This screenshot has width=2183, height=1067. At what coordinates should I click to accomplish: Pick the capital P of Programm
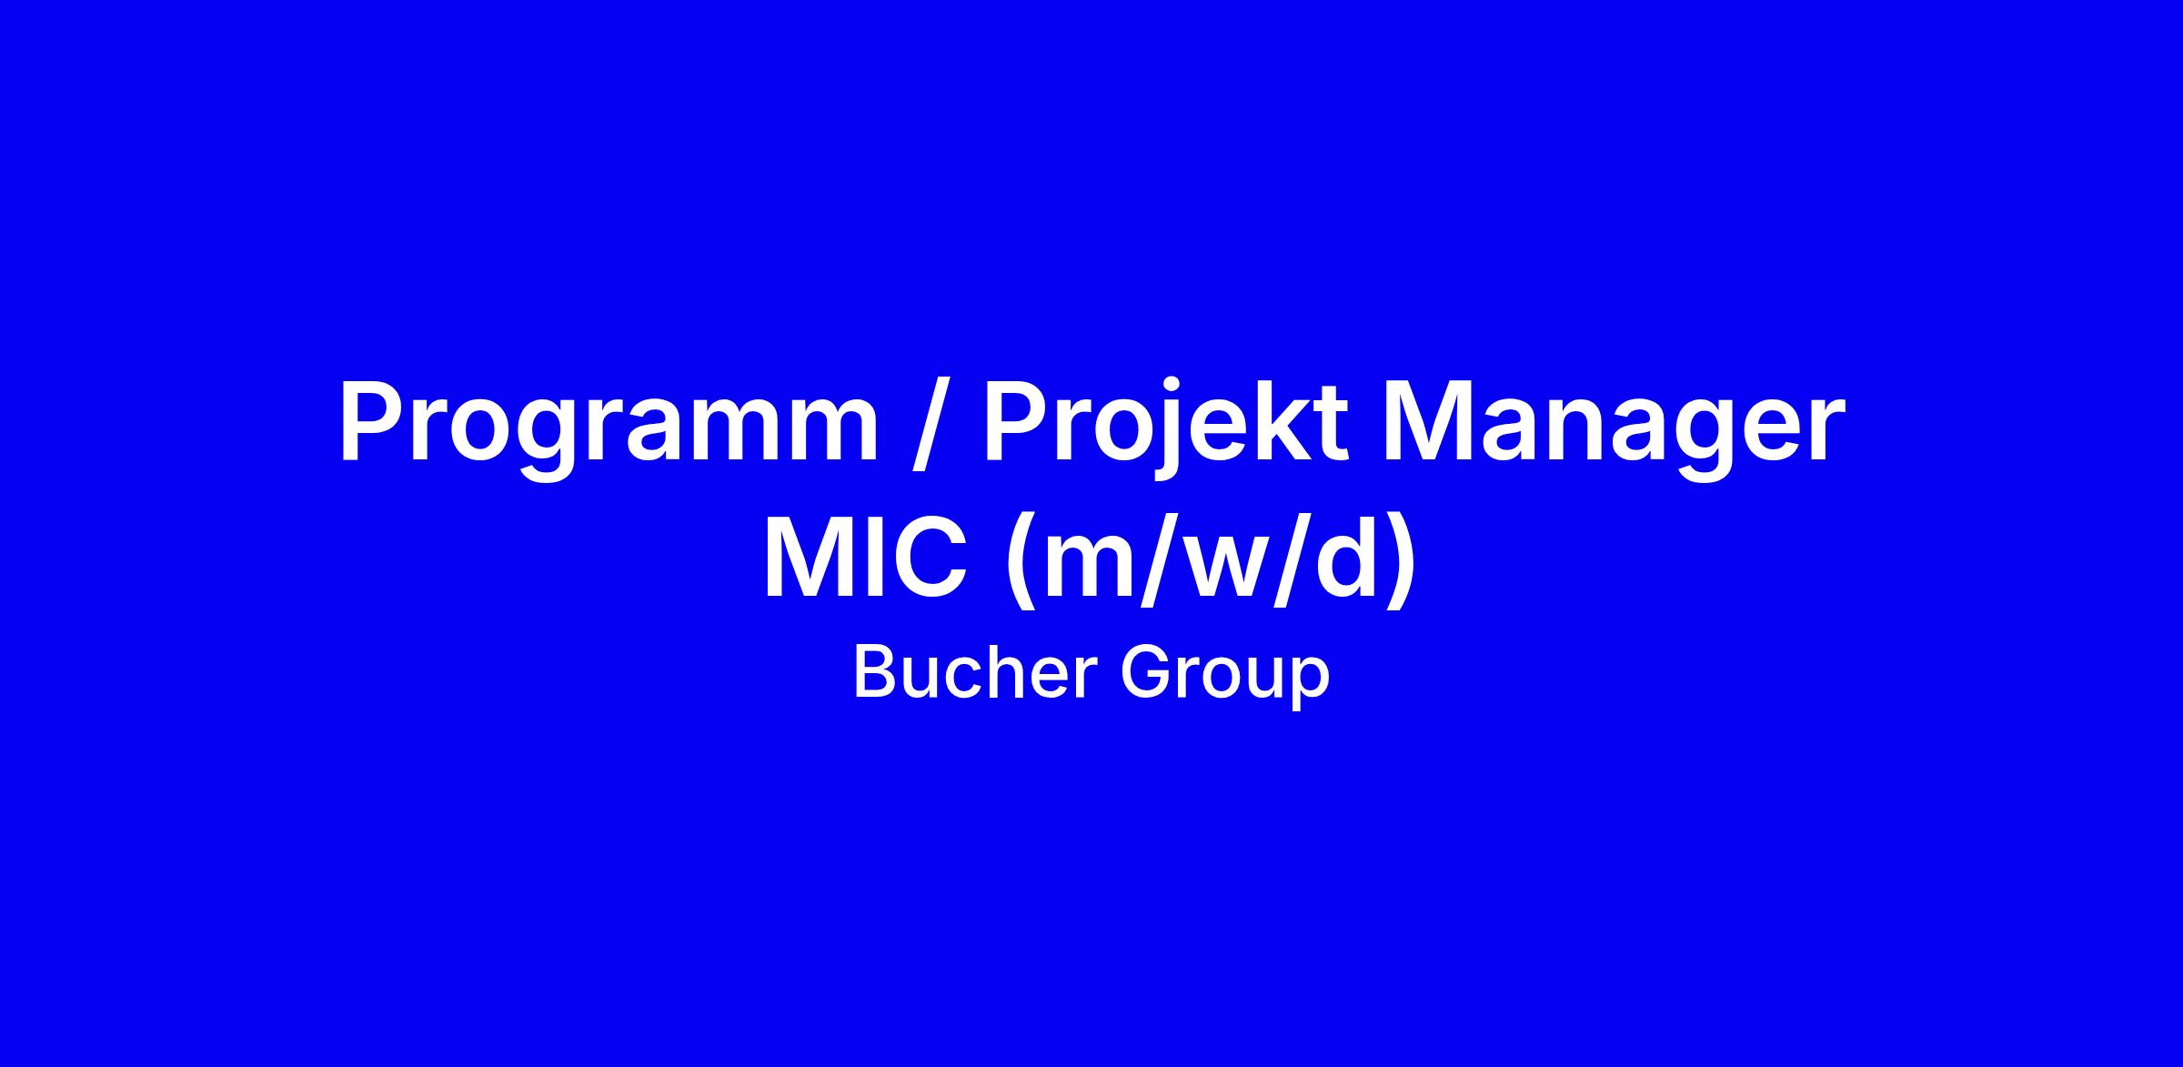tap(375, 422)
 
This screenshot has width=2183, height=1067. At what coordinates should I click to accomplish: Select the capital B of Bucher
tap(875, 673)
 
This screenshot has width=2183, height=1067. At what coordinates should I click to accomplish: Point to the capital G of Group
tap(1145, 673)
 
